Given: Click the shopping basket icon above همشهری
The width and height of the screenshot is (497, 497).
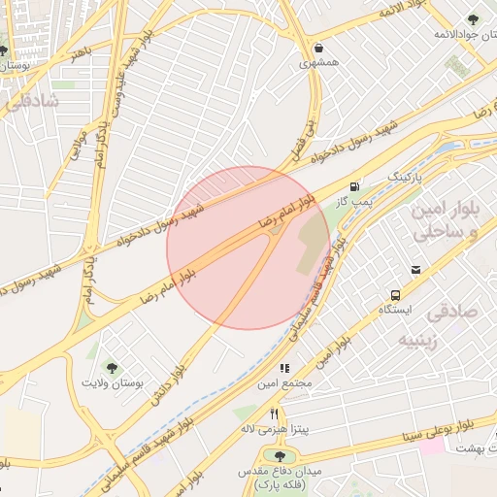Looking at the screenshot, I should [319, 48].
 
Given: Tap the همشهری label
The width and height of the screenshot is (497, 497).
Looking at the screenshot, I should [319, 63].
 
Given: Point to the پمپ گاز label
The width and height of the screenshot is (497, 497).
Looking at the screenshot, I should [354, 201].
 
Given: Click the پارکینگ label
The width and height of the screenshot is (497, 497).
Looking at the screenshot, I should [406, 179].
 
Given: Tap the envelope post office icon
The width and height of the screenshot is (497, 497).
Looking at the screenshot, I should [416, 270].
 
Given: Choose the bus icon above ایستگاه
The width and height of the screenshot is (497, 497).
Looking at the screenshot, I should [395, 294].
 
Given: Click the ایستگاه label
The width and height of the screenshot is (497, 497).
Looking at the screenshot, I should [395, 310].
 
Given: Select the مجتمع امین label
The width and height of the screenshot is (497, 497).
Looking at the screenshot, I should [285, 384].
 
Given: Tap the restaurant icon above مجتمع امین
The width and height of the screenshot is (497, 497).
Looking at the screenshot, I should [284, 368].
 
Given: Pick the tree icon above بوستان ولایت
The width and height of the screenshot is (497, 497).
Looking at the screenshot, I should [112, 368].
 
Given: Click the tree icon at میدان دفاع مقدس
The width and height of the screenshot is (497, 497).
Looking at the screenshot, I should [281, 456].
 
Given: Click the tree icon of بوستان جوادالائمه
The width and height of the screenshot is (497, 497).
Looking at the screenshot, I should [472, 20].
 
